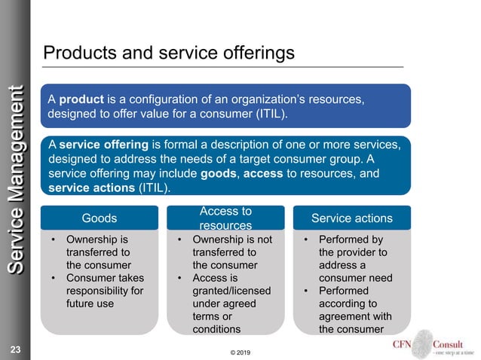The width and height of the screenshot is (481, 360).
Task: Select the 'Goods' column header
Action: (x=99, y=218)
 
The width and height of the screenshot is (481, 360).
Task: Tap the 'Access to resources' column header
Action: (x=225, y=218)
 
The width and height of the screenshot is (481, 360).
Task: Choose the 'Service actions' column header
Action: (x=352, y=218)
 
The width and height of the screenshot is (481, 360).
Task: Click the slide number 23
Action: (x=16, y=349)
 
